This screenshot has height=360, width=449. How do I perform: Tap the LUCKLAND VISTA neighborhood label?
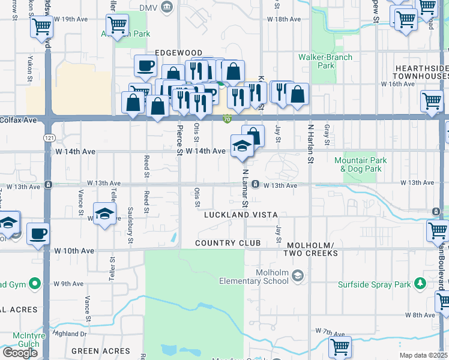[240, 215]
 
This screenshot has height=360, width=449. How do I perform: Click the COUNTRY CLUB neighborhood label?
[228, 243]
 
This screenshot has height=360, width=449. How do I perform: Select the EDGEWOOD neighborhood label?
[178, 53]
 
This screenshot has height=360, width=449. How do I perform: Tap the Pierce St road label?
[179, 140]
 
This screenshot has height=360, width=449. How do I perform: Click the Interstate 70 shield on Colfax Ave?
[227, 119]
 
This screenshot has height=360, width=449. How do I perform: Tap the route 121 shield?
[47, 138]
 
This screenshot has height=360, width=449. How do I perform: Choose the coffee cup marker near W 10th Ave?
[38, 233]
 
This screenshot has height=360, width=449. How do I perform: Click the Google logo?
[20, 353]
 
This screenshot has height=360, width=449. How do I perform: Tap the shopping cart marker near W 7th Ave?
[340, 346]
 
